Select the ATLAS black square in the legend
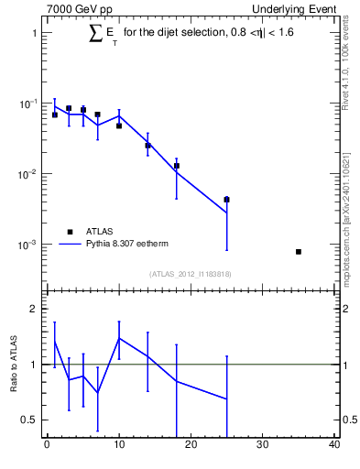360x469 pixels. coord(69,232)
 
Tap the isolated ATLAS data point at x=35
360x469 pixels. coord(299,251)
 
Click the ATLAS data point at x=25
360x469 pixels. coord(226,199)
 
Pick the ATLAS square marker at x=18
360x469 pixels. coord(176,166)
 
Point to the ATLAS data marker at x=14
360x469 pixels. coord(147,145)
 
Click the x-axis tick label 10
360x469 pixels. coord(118,446)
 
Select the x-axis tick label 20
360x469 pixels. coord(191,446)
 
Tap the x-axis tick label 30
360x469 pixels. coord(263,446)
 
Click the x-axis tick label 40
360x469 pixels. coord(334,446)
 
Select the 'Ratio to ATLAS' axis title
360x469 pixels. coord(14,364)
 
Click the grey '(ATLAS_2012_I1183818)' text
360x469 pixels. coord(191,273)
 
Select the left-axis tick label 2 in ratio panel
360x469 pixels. coord(34,309)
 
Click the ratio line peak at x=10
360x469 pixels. coord(119,338)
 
